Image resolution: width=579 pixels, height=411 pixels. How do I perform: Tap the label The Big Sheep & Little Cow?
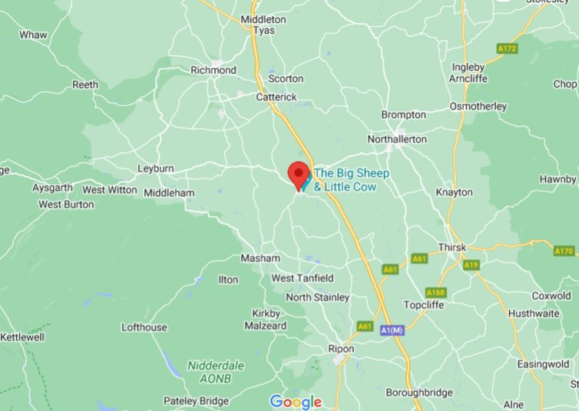coord(352,179)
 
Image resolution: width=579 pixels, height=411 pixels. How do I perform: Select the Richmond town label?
coord(213,70)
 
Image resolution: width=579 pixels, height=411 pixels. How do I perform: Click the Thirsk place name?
coord(452,247)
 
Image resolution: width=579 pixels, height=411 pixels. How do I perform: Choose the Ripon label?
coord(342,348)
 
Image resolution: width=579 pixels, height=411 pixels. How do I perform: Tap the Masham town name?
coord(260,258)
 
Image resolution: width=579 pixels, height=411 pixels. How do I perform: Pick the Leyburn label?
coord(156,168)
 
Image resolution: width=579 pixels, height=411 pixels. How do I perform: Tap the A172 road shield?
coord(507,48)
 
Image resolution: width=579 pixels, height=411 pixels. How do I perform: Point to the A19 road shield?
coord(471,265)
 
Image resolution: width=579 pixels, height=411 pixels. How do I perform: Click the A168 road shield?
coord(435,292)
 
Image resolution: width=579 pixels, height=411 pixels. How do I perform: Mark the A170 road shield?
coord(564,251)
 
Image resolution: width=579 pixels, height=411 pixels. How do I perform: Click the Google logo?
coord(296,402)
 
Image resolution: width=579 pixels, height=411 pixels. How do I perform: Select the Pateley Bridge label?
coord(197,401)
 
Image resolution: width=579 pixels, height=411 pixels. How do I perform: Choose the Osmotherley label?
coord(478,106)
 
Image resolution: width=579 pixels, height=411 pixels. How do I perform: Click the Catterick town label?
coord(276,97)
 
